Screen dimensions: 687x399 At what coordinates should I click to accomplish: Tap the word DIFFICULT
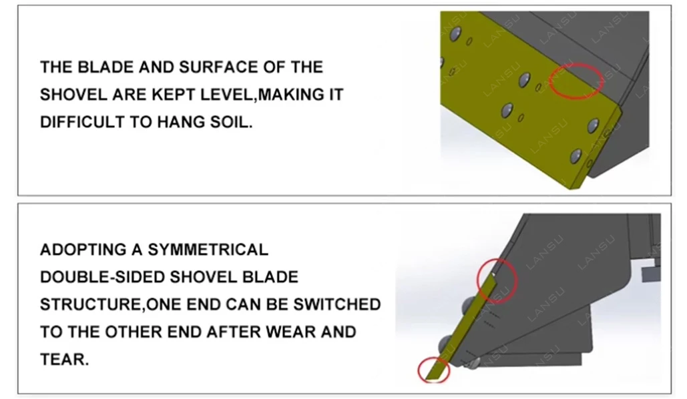point(81,121)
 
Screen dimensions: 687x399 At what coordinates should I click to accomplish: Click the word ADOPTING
point(83,250)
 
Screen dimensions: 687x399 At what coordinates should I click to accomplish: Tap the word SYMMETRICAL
point(208,250)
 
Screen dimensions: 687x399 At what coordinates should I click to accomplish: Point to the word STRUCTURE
point(91,304)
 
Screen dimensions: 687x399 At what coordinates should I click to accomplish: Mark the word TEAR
point(64,359)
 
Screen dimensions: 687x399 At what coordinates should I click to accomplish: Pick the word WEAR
point(290,332)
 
